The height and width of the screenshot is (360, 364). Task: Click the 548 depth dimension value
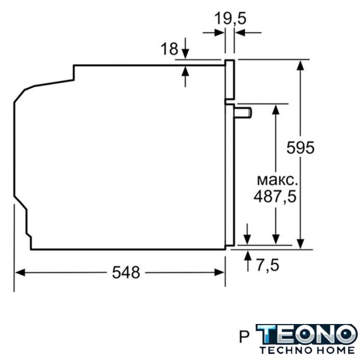(x=126, y=272)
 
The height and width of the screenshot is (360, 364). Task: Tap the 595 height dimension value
(x=300, y=147)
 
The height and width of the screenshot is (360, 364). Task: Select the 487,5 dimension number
(x=275, y=196)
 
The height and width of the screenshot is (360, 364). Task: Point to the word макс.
(x=277, y=181)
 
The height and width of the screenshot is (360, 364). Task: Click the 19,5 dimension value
(x=230, y=19)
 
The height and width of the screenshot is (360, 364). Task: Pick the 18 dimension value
(x=169, y=49)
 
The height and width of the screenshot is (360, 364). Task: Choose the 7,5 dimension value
(x=267, y=265)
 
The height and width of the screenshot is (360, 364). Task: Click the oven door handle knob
(x=243, y=113)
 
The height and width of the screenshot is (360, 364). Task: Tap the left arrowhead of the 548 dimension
(x=20, y=272)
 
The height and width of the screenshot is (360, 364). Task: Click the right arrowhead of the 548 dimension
(x=219, y=272)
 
